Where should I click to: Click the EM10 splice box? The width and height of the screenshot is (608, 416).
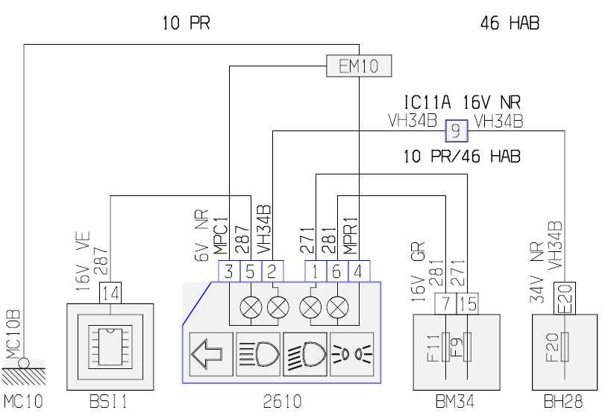coord(359,66)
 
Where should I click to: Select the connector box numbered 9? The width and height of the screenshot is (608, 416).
coord(457,131)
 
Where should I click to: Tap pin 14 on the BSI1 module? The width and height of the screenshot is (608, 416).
coord(110,293)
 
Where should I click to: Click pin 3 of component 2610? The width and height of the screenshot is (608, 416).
coord(229,271)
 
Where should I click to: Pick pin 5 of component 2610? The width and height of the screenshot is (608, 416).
coord(251,271)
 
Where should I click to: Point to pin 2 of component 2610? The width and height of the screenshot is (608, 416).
coord(272,271)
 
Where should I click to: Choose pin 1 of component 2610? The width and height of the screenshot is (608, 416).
coord(316,271)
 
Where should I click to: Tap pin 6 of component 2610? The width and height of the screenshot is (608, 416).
coord(338,271)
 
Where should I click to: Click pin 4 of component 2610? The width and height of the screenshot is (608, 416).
coord(360,271)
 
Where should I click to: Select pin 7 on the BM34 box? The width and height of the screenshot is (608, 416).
coord(445,303)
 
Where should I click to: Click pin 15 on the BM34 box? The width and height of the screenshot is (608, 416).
coord(467,303)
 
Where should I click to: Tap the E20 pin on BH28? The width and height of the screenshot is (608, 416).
coord(565,298)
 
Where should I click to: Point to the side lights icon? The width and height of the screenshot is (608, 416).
coord(351,354)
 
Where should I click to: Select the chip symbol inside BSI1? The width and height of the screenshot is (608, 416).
coord(110,347)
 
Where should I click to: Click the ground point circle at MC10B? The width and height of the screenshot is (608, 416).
coord(24,363)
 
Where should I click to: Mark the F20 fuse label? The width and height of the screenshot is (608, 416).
coord(551,347)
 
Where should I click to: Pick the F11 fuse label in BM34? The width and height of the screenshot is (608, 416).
coord(433,348)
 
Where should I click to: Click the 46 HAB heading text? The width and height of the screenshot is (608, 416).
coord(510,23)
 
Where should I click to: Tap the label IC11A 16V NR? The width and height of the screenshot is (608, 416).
coord(463,103)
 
